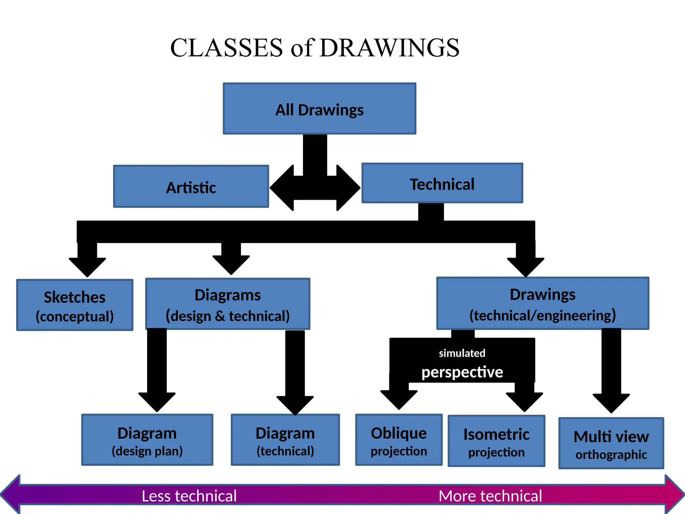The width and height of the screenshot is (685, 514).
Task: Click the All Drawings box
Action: (x=319, y=109)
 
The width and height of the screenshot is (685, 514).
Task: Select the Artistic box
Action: (x=191, y=186)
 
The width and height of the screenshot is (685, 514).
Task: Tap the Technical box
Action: (x=442, y=183)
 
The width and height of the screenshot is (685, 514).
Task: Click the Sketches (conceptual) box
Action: (x=75, y=305)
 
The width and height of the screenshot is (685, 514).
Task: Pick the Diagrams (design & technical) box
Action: (x=227, y=304)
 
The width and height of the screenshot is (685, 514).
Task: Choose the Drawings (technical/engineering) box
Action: (x=543, y=304)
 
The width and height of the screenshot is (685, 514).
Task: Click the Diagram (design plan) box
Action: (x=147, y=440)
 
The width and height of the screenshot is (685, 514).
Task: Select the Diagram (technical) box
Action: (x=285, y=440)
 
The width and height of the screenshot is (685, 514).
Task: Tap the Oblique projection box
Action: (x=399, y=440)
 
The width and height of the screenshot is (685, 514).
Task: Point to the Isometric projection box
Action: (x=496, y=441)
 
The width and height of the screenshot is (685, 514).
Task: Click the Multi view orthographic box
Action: (x=611, y=443)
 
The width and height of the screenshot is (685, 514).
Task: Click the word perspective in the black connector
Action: (x=462, y=372)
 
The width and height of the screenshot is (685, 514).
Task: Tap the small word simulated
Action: (x=462, y=353)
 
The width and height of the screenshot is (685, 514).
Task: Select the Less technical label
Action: (x=189, y=496)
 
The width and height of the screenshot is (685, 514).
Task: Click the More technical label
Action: (x=490, y=496)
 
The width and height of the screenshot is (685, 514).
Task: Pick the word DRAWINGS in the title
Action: (x=389, y=48)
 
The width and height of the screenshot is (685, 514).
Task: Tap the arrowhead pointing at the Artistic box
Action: (x=282, y=188)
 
